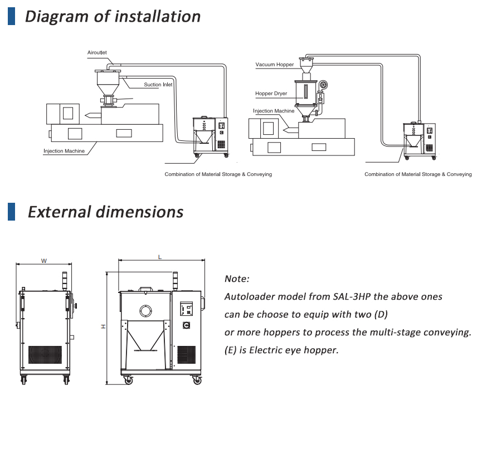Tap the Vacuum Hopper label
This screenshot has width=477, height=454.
pos(274,65)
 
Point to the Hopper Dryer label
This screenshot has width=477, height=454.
pos(271,94)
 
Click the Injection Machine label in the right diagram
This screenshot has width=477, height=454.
pos(273,111)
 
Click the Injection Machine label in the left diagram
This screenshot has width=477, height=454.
pos(64,151)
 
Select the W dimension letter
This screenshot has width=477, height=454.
pos(43,260)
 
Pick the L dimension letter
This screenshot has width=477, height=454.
pos(160,257)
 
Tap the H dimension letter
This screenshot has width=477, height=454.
pos(103,327)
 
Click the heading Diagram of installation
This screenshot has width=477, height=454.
pos(113,16)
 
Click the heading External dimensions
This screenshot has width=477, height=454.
pos(105,212)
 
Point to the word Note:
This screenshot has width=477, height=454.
pos(237,279)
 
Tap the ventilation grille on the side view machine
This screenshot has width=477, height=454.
pos(45,355)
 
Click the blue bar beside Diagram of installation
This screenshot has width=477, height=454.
pos(11,16)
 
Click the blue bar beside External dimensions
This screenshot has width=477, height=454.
pos(11,212)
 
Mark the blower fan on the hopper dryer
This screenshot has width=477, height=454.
pos(324,85)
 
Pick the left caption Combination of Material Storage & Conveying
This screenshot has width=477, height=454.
pos(218,174)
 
